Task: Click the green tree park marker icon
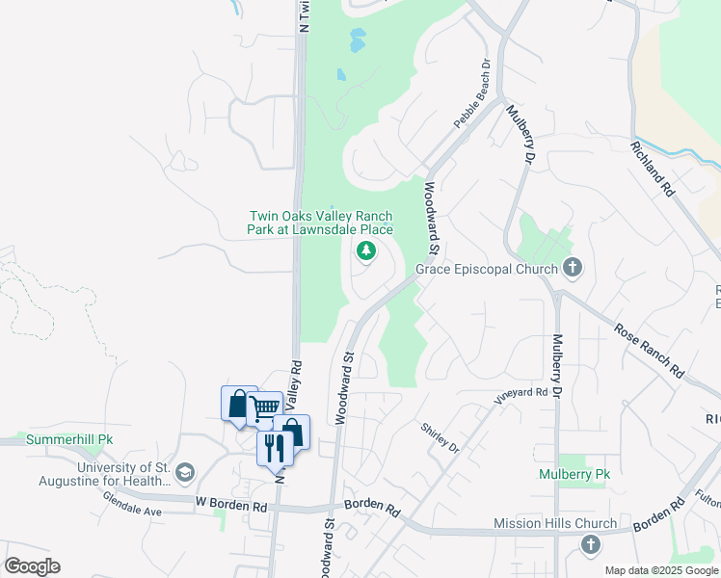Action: [365, 251]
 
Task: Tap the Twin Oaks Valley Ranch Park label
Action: [321, 223]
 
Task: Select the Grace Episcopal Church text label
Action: [487, 269]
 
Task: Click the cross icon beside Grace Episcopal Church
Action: [573, 267]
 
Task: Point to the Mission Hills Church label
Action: [554, 523]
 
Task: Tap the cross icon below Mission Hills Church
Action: [590, 545]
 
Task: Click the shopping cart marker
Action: [264, 407]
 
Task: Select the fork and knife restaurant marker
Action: [274, 446]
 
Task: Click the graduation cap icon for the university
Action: [184, 473]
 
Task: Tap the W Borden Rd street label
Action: [230, 504]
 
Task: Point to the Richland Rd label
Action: [652, 170]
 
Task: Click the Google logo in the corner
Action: [32, 566]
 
